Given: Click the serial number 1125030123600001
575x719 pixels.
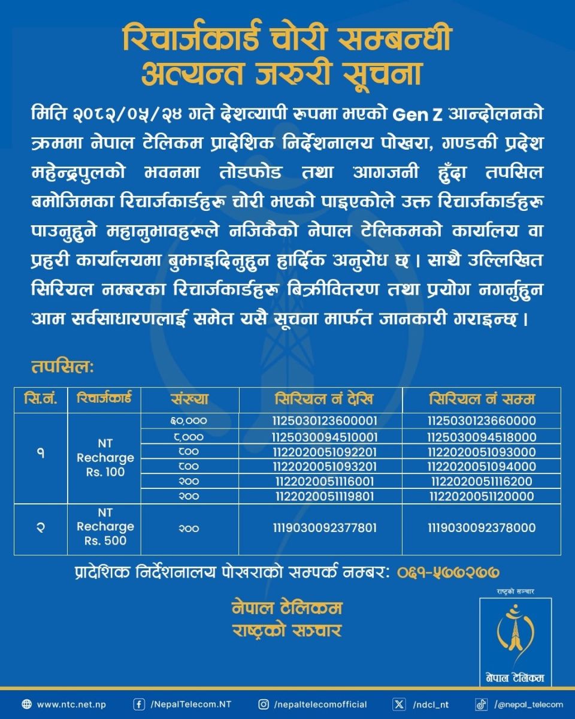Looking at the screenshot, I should (x=320, y=421).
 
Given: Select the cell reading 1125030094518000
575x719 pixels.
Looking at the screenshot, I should (x=482, y=437).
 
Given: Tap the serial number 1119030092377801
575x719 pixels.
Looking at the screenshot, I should (x=320, y=528).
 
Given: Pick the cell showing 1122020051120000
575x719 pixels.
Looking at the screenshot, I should (x=482, y=496).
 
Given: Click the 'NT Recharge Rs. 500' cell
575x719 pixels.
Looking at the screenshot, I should (x=105, y=527).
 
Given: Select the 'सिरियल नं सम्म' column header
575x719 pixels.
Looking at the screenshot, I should (x=482, y=399).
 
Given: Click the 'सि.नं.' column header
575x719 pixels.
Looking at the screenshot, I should (x=41, y=399).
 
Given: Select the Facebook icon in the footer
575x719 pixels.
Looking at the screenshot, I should (x=139, y=705).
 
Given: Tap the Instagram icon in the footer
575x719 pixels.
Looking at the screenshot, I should (x=264, y=705).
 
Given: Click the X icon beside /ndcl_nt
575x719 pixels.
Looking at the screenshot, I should (x=399, y=705).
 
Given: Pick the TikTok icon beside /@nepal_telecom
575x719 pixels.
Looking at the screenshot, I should (x=482, y=705).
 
